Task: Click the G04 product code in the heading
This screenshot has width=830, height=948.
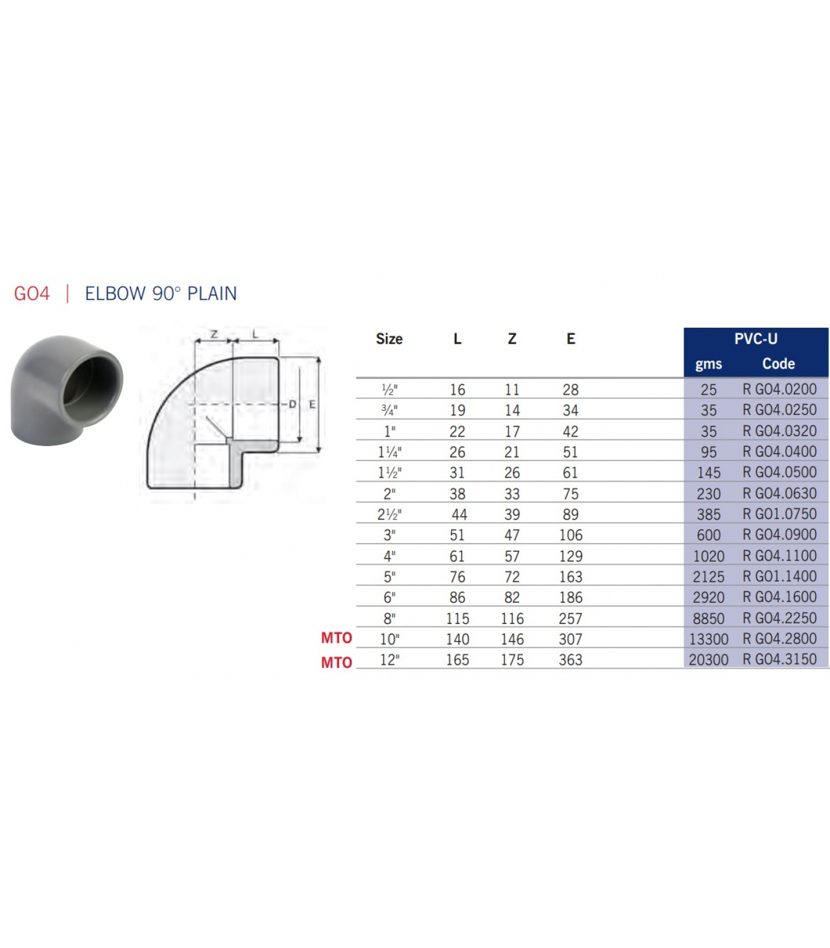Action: pyautogui.click(x=32, y=294)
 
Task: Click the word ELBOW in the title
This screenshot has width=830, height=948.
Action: pyautogui.click(x=115, y=294)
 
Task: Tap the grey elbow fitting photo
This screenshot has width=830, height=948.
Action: pyautogui.click(x=66, y=391)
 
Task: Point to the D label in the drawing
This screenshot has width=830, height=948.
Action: pyautogui.click(x=292, y=404)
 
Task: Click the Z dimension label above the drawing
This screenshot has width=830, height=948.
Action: pyautogui.click(x=214, y=334)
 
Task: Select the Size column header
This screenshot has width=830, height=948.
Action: pyautogui.click(x=389, y=339)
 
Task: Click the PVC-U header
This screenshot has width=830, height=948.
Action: pyautogui.click(x=756, y=339)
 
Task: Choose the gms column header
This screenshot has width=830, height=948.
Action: pyautogui.click(x=708, y=364)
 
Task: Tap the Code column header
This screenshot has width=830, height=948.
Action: pyautogui.click(x=778, y=364)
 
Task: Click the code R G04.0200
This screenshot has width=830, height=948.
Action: pyautogui.click(x=780, y=389)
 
